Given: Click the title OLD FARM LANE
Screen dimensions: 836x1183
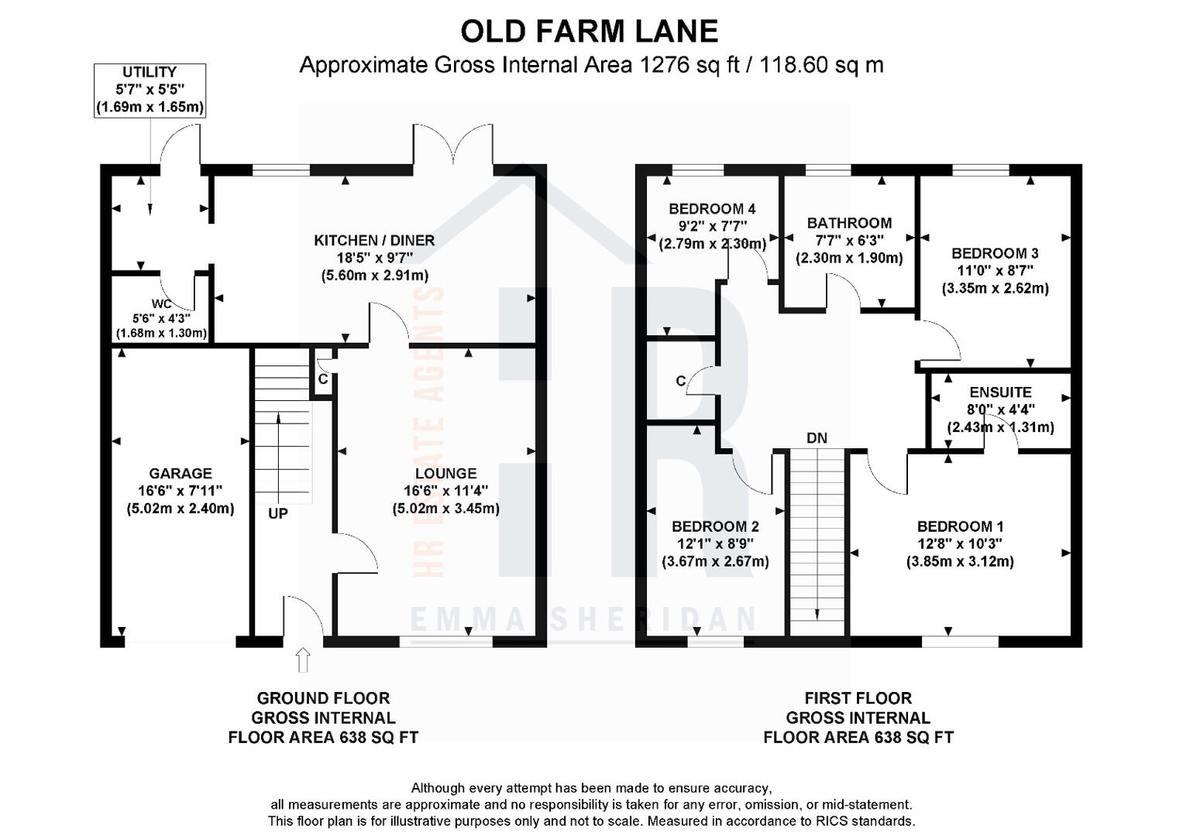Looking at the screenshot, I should [590, 32].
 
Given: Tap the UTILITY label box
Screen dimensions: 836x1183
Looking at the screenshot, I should [150, 90].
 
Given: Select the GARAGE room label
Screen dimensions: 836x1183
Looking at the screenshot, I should [180, 473].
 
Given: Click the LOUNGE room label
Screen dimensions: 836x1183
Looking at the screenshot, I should [445, 473].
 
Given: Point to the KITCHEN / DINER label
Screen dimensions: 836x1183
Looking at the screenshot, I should [374, 241].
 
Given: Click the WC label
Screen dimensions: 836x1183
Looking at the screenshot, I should [161, 304].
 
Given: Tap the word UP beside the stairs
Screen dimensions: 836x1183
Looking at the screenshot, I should [278, 513].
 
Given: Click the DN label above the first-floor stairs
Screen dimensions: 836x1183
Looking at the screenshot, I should [817, 438].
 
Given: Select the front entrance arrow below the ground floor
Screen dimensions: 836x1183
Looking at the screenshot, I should [303, 660].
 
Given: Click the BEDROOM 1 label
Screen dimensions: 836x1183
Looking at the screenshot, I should [960, 526].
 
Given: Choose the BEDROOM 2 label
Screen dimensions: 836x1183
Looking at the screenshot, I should [715, 526].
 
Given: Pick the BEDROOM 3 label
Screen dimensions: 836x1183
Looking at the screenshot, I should [995, 253].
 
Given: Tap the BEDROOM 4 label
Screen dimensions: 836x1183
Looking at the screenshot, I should [712, 208].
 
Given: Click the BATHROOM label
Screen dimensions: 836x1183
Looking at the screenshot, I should [849, 223].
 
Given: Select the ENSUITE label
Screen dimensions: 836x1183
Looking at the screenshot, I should [1000, 392].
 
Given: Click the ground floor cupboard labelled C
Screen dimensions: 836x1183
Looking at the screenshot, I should [323, 379].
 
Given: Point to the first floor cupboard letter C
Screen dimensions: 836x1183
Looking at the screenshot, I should [680, 381].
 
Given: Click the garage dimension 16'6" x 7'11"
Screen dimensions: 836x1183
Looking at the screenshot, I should [180, 491].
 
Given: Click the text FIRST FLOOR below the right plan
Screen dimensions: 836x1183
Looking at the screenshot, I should [858, 698].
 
